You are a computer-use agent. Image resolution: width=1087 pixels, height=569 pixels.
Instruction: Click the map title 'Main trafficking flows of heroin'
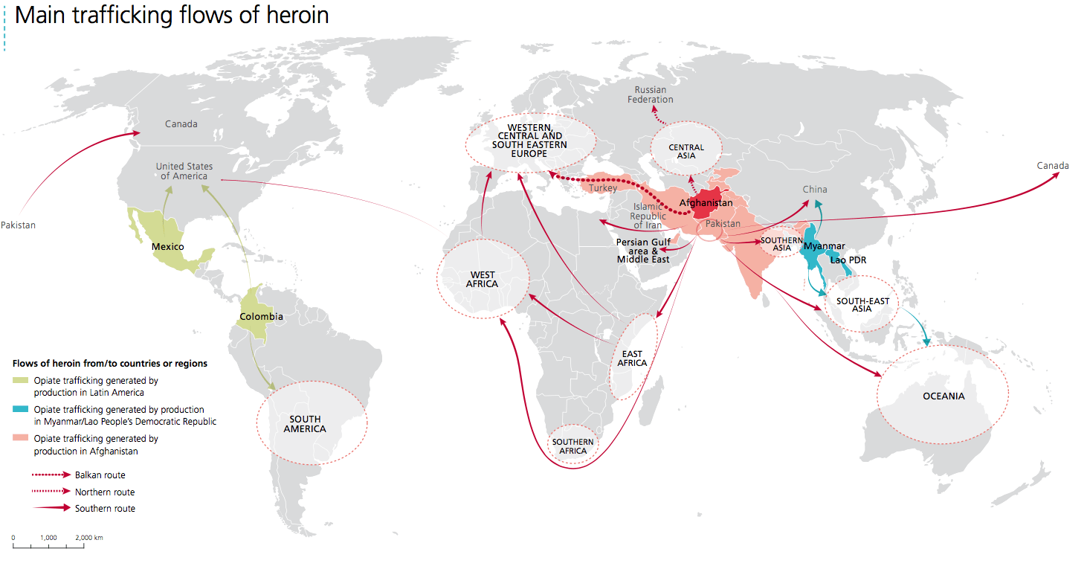point(172,15)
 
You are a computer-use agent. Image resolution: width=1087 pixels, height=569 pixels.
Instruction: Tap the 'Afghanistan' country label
point(706,203)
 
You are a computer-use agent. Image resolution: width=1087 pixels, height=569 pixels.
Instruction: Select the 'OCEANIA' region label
point(944,396)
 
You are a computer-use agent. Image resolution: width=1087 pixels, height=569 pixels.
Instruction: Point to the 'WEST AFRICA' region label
point(483,280)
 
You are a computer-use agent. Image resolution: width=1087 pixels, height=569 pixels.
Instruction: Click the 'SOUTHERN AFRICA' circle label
point(572,446)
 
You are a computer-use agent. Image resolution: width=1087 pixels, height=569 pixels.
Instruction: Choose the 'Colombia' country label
point(261,316)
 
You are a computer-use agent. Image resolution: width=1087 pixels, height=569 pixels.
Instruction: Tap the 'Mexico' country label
point(167,246)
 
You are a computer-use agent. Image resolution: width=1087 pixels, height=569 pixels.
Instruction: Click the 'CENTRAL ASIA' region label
point(686,152)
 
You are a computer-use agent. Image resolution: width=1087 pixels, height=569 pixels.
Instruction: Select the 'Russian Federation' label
point(651,94)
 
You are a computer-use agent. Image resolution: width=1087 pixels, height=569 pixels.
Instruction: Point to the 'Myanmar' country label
point(824,246)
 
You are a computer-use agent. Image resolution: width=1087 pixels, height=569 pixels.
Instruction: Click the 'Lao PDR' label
point(848,260)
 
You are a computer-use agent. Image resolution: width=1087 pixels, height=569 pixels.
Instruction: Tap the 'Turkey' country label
point(603,188)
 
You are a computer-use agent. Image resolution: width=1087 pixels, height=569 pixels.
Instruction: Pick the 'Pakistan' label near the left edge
point(18,225)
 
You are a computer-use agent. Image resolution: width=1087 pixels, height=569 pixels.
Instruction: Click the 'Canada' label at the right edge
point(1053,166)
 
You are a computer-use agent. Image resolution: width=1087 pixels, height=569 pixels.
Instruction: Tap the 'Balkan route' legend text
point(100,475)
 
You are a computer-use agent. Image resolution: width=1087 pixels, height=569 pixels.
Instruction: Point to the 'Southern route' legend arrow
point(51,509)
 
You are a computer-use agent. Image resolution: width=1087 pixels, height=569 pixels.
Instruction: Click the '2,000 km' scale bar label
point(88,537)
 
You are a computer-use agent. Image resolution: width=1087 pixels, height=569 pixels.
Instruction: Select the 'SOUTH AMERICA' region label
point(305,424)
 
